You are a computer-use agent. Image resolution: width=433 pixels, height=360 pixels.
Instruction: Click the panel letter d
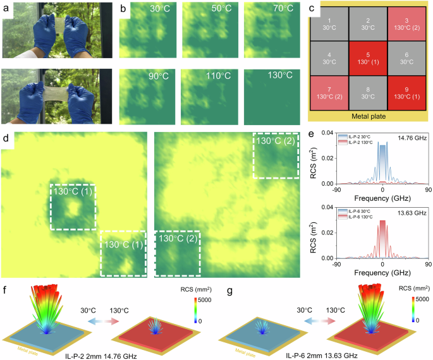(5, 138)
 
